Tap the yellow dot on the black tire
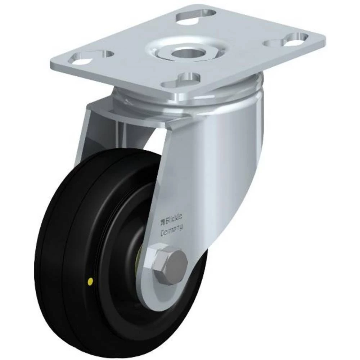[90, 280]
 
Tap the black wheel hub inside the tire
[119, 252]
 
